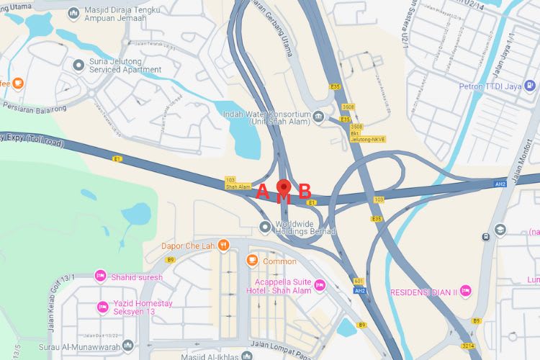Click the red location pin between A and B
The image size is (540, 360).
(x=284, y=189)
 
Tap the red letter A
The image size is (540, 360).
(x=263, y=192)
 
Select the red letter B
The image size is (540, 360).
(x=305, y=192)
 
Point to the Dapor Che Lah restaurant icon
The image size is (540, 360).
(x=224, y=246)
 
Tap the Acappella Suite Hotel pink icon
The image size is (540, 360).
(x=320, y=286)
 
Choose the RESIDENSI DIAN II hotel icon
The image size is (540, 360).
(x=466, y=292)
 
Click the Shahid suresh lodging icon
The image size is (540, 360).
(x=100, y=276)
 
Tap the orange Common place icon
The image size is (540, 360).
(x=252, y=261)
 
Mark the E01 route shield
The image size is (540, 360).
(x=359, y=281)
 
